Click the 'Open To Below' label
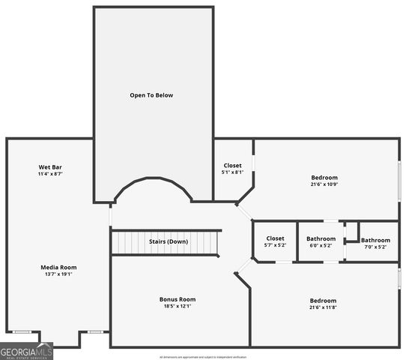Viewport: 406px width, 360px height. click(x=151, y=95)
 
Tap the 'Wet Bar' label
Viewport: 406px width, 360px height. click(x=49, y=166)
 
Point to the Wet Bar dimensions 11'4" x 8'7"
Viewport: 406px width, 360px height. click(x=49, y=174)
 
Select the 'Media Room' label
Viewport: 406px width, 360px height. click(x=58, y=267)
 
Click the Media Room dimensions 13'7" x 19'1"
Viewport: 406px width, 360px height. click(x=58, y=274)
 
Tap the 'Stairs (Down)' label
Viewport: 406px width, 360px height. click(x=169, y=241)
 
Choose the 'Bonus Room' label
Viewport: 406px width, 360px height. click(x=178, y=299)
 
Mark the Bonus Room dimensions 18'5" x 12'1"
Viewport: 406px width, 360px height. click(x=178, y=306)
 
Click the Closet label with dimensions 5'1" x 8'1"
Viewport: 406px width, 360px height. click(x=233, y=166)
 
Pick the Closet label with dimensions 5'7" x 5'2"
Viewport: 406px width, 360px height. click(x=275, y=238)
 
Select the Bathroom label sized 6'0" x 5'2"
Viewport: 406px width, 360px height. click(x=320, y=238)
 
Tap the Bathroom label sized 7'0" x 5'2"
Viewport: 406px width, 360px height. click(x=375, y=240)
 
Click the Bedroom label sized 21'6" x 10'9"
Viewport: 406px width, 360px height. click(x=324, y=177)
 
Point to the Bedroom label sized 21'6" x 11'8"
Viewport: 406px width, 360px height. click(x=323, y=300)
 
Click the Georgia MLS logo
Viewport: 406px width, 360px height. click(x=26, y=351)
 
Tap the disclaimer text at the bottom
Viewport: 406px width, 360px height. click(x=202, y=357)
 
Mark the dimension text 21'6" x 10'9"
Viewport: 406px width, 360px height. click(x=324, y=184)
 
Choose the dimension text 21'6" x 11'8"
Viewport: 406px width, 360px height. click(x=323, y=307)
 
